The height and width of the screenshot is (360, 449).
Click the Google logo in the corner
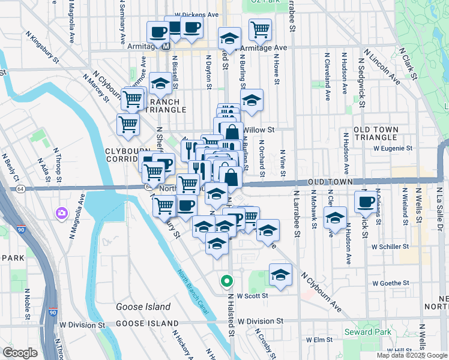[20, 353]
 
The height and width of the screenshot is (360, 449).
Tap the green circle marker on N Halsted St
[226, 280]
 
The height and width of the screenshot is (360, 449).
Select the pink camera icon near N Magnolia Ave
[61, 212]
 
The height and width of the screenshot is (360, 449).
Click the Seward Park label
[367, 332]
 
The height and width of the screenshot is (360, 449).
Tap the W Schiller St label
[390, 246]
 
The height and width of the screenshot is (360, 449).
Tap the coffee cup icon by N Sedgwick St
[365, 202]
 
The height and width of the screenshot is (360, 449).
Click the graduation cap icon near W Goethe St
[280, 274]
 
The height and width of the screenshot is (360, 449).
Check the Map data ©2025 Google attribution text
[412, 355]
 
